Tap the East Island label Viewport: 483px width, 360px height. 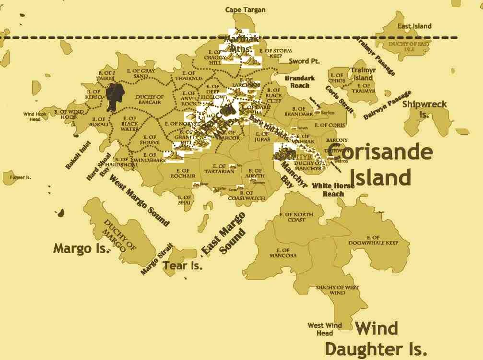coord(414,26)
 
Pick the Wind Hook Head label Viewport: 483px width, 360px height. coord(35,116)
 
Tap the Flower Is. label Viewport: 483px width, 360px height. coord(20,177)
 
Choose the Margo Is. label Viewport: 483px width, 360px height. coord(82,249)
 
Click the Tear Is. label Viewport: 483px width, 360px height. coord(183,265)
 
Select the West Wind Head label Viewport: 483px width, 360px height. coord(325,329)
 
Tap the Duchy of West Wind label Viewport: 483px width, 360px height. coord(337,290)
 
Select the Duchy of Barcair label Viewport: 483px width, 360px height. coord(150,99)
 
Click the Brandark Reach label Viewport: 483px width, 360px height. coord(300,81)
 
